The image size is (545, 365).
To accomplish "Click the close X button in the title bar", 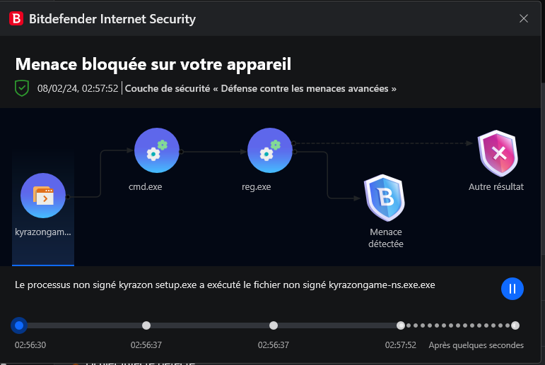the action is click(x=524, y=18).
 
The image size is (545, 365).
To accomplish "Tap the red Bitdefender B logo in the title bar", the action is click(x=16, y=18).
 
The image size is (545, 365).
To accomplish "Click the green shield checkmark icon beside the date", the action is click(x=21, y=88).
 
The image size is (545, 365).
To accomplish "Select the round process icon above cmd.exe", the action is click(x=157, y=150).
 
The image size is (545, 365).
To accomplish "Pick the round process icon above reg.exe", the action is click(x=270, y=150).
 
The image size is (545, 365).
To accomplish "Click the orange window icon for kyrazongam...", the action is click(x=43, y=196).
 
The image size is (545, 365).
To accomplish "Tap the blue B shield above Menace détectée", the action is click(x=385, y=198).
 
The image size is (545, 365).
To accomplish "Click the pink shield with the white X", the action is click(x=498, y=153).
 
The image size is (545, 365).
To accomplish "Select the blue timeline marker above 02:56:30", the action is click(x=19, y=325).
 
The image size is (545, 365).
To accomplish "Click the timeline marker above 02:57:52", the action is click(x=401, y=325).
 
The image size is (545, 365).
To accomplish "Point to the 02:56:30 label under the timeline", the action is click(x=30, y=345).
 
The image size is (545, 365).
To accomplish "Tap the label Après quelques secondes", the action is click(x=476, y=345).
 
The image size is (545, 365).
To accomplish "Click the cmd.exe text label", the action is click(x=146, y=187).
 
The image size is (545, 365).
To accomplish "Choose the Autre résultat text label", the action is click(x=496, y=187).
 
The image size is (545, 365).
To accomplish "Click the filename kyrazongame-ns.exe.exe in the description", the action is click(x=382, y=285).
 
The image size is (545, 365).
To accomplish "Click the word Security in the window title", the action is click(x=172, y=19).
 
